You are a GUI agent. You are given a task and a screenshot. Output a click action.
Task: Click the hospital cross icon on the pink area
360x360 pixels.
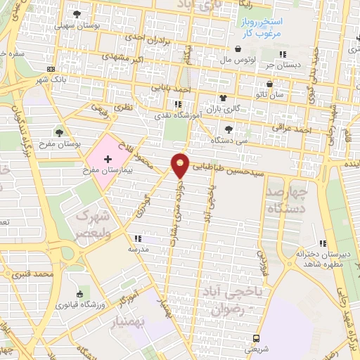[107, 161]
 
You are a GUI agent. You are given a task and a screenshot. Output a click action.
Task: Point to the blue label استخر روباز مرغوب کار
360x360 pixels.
[258, 27]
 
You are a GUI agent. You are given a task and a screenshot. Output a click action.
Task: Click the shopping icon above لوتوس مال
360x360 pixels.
[240, 49]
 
